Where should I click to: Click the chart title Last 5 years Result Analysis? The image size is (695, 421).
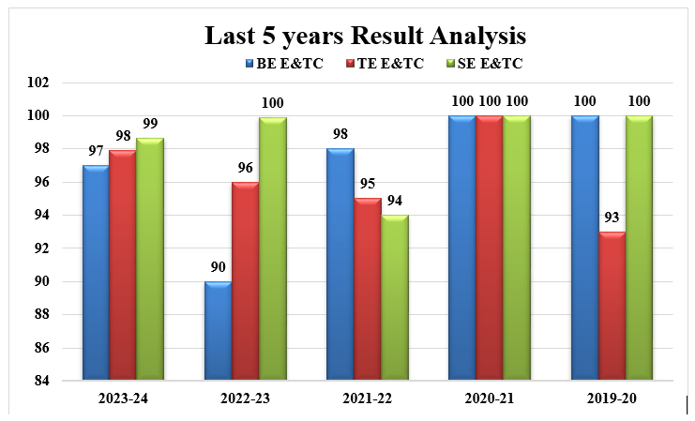(x=365, y=37)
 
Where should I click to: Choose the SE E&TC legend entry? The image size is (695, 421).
(x=487, y=64)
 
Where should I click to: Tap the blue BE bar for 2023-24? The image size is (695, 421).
(x=95, y=272)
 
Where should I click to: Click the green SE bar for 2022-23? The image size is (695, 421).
(x=272, y=248)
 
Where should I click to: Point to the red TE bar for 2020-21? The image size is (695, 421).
(x=489, y=248)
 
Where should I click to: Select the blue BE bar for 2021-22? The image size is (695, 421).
(x=340, y=263)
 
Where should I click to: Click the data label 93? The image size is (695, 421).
(x=611, y=218)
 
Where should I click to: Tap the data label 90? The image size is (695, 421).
(x=218, y=267)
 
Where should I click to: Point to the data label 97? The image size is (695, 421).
(x=95, y=151)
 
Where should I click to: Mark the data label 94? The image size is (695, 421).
(x=395, y=201)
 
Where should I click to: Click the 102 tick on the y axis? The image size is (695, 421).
(x=64, y=83)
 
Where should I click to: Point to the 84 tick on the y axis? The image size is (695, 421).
(x=67, y=381)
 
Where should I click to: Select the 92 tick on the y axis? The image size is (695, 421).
(x=67, y=248)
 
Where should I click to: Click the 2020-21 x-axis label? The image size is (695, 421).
(x=489, y=398)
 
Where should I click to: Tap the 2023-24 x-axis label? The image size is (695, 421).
(x=122, y=398)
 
